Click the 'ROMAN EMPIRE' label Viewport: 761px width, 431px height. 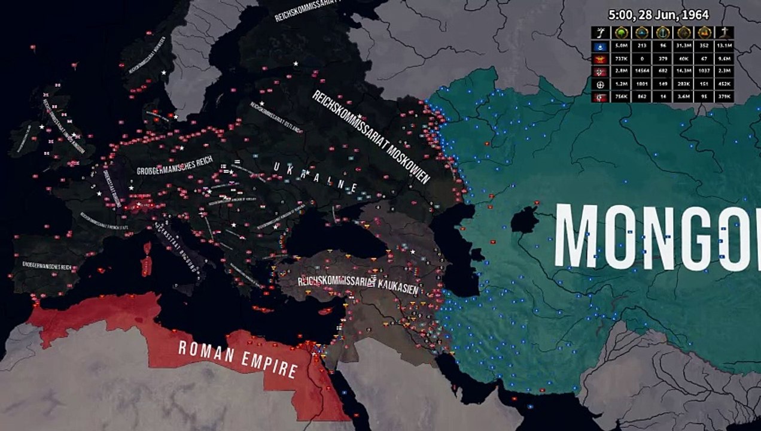[x=238, y=359]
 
